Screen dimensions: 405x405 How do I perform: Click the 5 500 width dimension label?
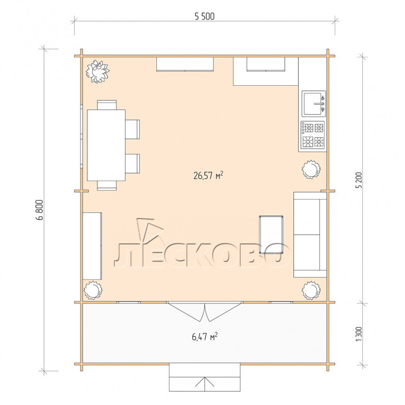click(204, 16)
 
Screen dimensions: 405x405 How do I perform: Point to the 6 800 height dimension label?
click(40, 210)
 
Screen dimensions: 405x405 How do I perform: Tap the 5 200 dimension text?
click(359, 180)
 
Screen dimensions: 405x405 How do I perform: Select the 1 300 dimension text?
click(359, 334)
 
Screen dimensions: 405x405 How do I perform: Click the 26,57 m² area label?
click(208, 175)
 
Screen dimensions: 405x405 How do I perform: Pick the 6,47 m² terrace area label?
click(204, 337)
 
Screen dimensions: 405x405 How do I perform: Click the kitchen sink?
click(314, 104)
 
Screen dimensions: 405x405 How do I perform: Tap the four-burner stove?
click(313, 134)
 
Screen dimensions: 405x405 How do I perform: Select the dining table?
click(106, 145)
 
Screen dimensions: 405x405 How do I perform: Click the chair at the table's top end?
click(106, 105)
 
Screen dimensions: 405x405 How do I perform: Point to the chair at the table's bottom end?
click(106, 185)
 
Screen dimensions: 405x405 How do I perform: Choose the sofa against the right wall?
click(310, 235)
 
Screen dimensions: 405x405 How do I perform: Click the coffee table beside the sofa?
click(271, 235)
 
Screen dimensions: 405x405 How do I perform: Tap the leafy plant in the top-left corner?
click(97, 71)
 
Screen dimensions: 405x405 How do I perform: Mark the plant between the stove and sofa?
click(311, 169)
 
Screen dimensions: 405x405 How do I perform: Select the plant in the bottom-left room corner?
click(93, 290)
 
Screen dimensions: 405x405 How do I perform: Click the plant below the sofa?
click(311, 290)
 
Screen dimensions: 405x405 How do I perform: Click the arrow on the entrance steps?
click(204, 384)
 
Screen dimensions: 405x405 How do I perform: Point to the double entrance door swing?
click(204, 312)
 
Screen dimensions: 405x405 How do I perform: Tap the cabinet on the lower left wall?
click(92, 246)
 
